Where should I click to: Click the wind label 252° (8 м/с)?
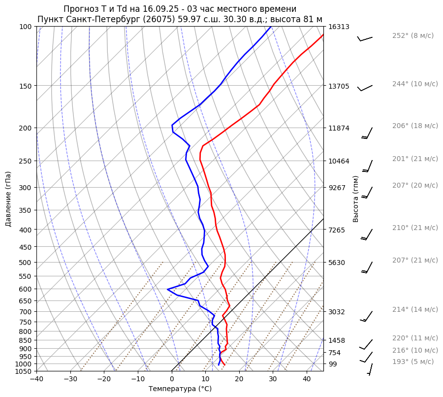pos(412,35)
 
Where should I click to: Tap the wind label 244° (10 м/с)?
pos(414,84)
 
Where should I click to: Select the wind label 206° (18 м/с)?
pos(414,126)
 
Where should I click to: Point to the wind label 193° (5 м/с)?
pos(412,362)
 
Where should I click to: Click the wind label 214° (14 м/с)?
pos(414,309)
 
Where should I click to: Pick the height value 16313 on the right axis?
pos(339,27)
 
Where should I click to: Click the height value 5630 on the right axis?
pos(337,263)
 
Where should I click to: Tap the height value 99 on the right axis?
pos(333,364)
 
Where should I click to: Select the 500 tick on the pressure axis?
pos(26,263)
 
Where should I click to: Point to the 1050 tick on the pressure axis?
pos(24,371)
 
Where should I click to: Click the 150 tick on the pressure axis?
pos(26,86)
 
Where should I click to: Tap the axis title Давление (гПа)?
pos(8,198)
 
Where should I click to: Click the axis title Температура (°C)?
pos(180,389)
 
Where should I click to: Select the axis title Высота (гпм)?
pos(356,198)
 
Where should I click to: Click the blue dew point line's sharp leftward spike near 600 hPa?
pos(168,289)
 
